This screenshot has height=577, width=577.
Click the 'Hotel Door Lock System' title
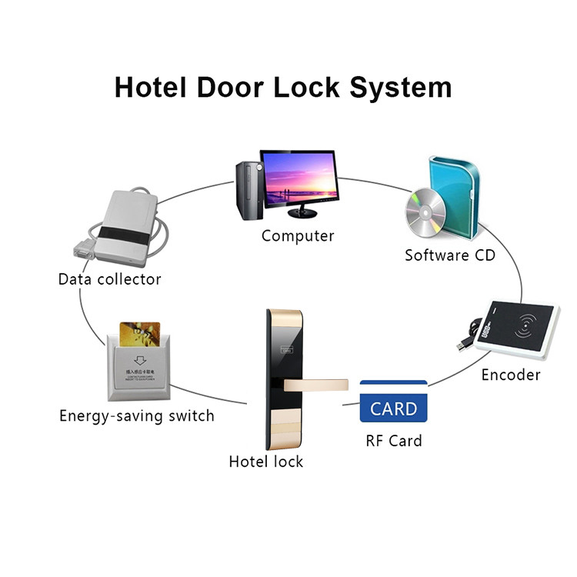click(283, 86)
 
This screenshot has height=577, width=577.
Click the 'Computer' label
click(298, 236)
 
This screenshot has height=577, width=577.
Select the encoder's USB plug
click(465, 345)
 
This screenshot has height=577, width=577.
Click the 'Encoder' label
click(511, 375)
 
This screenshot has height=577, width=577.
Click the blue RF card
click(393, 402)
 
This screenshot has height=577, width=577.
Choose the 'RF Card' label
click(393, 441)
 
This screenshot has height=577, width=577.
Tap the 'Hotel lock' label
click(266, 462)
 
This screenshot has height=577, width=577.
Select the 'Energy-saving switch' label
click(137, 416)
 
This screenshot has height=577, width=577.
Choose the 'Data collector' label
click(110, 279)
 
